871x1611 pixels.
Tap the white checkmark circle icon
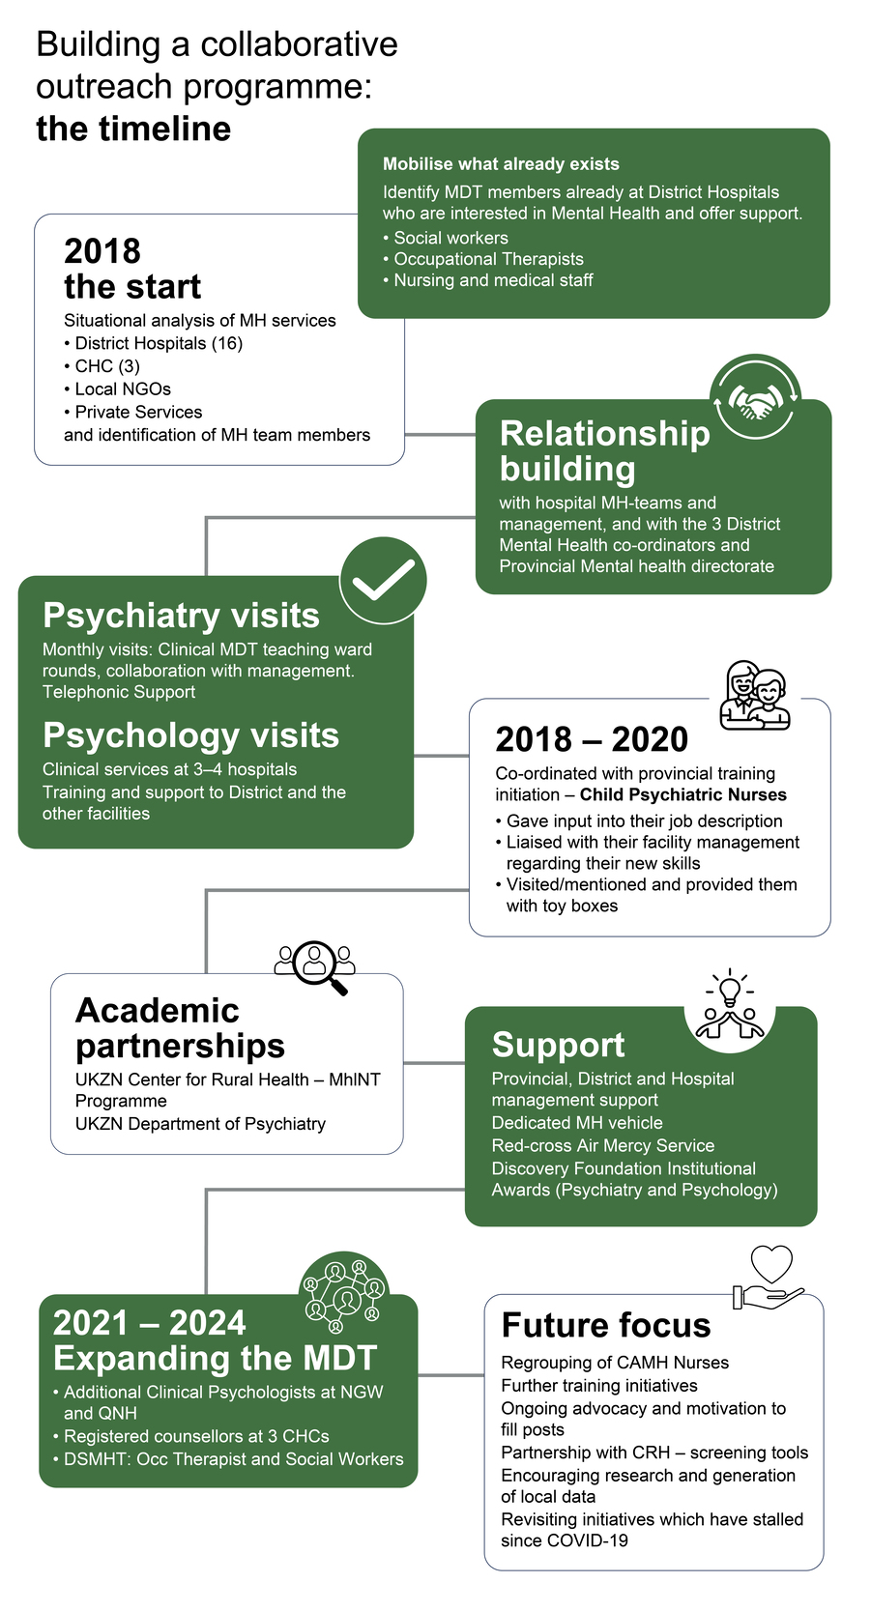383,580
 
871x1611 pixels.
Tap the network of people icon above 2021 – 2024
344,1295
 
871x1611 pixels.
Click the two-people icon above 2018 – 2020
755,696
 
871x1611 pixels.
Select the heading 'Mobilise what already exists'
501,164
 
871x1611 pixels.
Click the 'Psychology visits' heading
190,735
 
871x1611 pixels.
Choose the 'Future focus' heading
606,1325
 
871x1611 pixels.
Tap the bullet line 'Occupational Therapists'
488,259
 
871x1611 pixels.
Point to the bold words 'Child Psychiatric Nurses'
682,794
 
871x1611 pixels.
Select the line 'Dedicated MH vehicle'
577,1123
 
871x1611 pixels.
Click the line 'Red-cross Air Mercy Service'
603,1145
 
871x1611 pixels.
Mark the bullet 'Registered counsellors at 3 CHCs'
196,1436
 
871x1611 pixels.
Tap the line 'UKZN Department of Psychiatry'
200,1124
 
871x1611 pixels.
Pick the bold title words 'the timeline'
133,129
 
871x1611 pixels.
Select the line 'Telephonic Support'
119,692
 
